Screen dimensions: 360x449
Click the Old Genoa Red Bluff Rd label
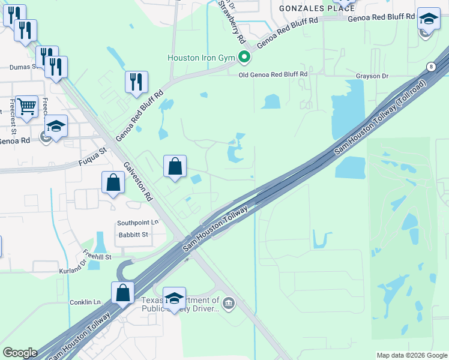pos(273,74)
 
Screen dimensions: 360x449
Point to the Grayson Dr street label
pos(372,76)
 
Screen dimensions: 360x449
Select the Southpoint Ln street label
pos(137,222)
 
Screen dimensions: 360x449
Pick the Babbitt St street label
pos(133,235)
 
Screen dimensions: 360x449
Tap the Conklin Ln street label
pos(85,302)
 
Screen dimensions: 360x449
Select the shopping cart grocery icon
pos(26,106)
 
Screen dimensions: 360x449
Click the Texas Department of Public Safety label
pos(180,305)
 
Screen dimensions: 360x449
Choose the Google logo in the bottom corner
pos(19,352)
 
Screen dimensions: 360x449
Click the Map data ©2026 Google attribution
pos(411,355)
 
